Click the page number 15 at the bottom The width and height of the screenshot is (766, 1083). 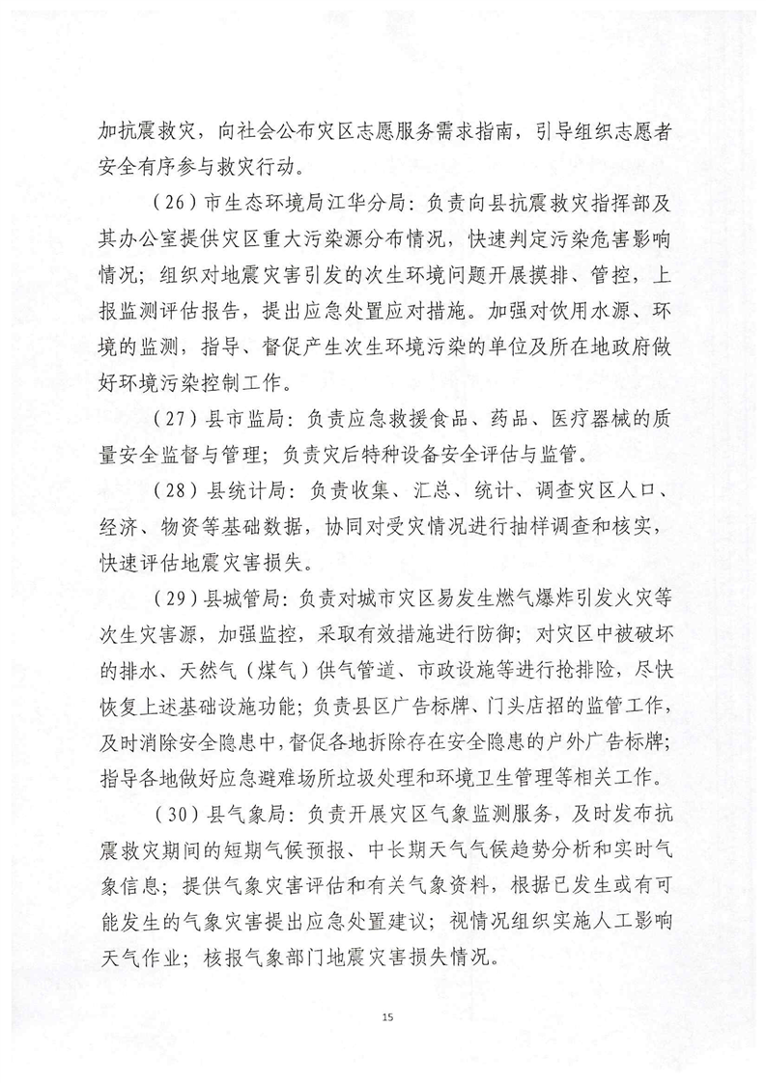(384, 1017)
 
